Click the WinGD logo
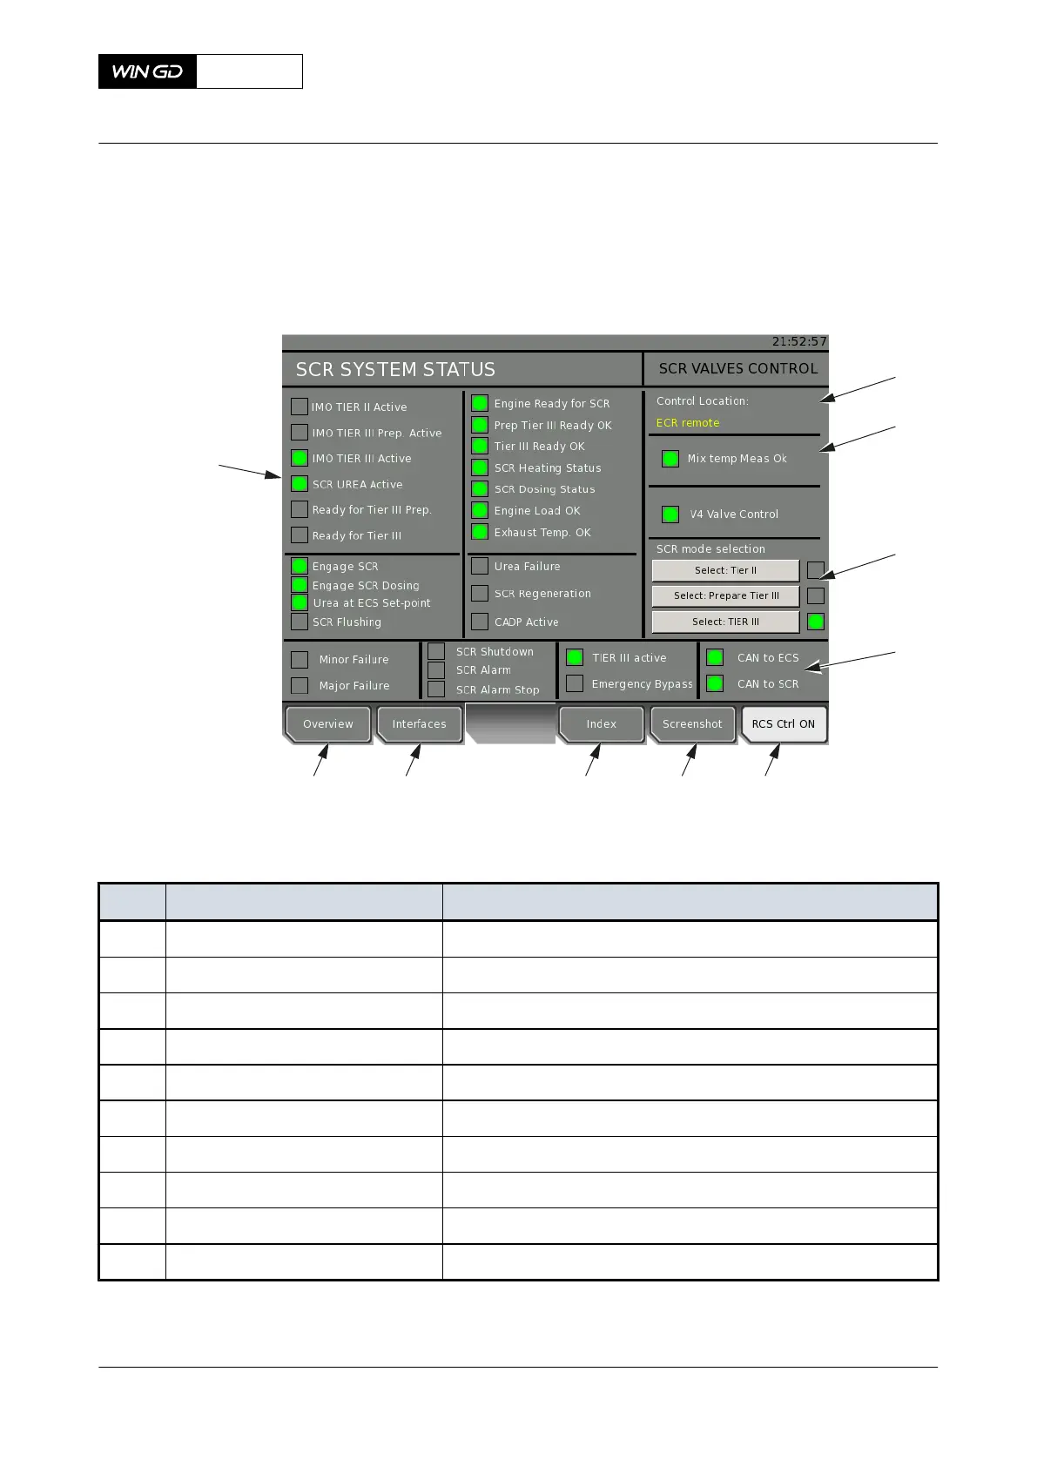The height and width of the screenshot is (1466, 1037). click(148, 71)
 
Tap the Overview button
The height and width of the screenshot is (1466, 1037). click(328, 724)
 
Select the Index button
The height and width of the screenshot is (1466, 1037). click(601, 724)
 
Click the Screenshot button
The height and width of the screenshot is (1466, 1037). click(692, 724)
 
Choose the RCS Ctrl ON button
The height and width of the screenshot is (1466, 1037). click(783, 724)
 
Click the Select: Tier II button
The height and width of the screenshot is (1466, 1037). click(725, 570)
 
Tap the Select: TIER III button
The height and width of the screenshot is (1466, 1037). click(725, 622)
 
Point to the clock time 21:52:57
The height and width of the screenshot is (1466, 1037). click(799, 342)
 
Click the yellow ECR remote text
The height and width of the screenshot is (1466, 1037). click(688, 423)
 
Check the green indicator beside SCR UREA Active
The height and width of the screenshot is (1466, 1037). click(300, 484)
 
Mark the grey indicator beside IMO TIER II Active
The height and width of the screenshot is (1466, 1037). click(300, 407)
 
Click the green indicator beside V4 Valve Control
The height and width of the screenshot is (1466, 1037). click(670, 514)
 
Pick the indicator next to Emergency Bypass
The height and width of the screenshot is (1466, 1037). click(575, 683)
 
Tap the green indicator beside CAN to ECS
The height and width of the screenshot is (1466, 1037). click(715, 657)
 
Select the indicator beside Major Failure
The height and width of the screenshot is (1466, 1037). click(300, 685)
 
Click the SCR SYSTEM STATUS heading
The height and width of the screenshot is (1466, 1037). click(395, 370)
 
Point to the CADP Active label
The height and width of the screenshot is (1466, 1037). click(527, 622)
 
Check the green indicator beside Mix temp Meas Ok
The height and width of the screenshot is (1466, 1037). click(670, 459)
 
